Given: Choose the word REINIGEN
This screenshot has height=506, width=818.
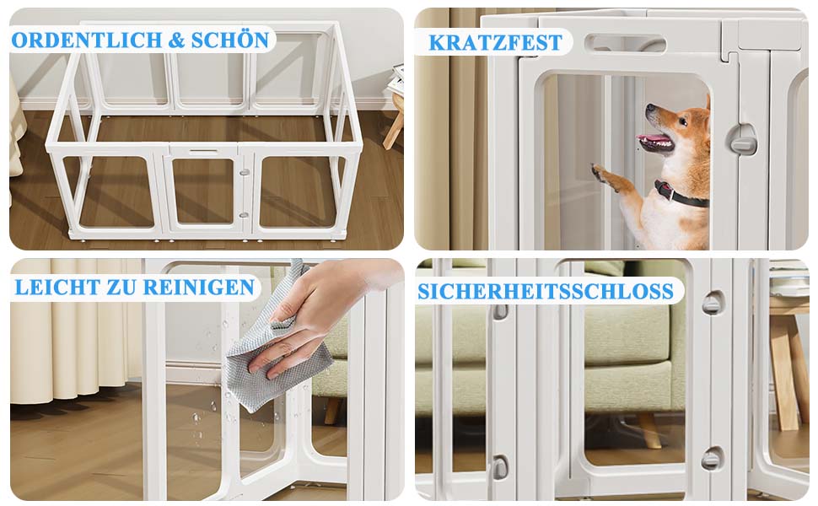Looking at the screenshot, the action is coord(198,288).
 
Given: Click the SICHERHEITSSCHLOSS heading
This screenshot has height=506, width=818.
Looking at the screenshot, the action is coord(546,292).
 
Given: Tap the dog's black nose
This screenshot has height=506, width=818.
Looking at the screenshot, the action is coord(649,107).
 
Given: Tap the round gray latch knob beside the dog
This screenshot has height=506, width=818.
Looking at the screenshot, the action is coord(743,139).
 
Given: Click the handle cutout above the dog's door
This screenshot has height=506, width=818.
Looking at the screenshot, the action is coord(625,43).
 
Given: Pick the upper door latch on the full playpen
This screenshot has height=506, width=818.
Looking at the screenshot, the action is coord(244,172).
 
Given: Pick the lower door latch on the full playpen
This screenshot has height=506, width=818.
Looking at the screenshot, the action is coord(244,215).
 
